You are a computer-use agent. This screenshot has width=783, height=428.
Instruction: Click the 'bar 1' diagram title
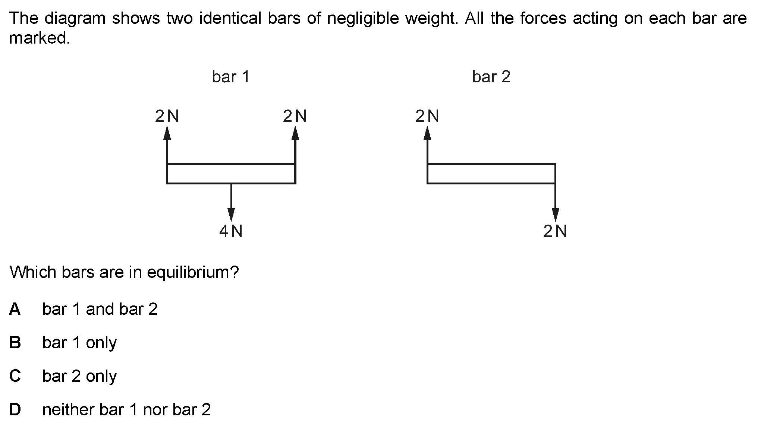(x=230, y=77)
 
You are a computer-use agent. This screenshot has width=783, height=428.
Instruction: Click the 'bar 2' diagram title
(x=491, y=77)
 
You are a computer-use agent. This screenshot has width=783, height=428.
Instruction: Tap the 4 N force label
(x=231, y=231)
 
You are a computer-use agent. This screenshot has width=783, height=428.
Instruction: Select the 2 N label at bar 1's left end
(x=167, y=116)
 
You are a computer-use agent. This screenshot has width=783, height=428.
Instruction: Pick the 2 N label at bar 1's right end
(x=295, y=116)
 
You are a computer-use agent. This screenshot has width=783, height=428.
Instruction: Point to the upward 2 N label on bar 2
(x=427, y=116)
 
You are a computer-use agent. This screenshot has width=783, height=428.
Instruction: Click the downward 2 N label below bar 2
(x=555, y=231)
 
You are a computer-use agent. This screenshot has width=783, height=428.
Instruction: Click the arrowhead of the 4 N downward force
(x=231, y=214)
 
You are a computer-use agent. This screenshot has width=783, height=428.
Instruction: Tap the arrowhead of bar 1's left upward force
(x=167, y=133)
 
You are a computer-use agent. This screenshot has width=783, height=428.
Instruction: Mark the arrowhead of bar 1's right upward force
(x=295, y=133)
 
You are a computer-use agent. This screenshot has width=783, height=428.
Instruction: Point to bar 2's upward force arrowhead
(x=427, y=133)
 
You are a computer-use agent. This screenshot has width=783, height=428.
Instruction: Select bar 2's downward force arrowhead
(x=556, y=214)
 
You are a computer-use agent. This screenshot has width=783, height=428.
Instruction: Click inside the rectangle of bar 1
(x=231, y=174)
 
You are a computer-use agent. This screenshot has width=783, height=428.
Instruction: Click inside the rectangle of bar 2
(x=491, y=174)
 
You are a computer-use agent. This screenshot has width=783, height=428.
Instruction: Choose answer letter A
(x=15, y=309)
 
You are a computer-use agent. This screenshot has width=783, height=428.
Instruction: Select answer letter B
(x=15, y=342)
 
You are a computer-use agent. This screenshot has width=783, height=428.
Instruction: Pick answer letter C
(x=15, y=376)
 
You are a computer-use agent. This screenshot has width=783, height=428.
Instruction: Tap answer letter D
(x=15, y=409)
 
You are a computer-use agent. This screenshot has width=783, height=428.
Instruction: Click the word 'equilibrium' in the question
(x=192, y=273)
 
